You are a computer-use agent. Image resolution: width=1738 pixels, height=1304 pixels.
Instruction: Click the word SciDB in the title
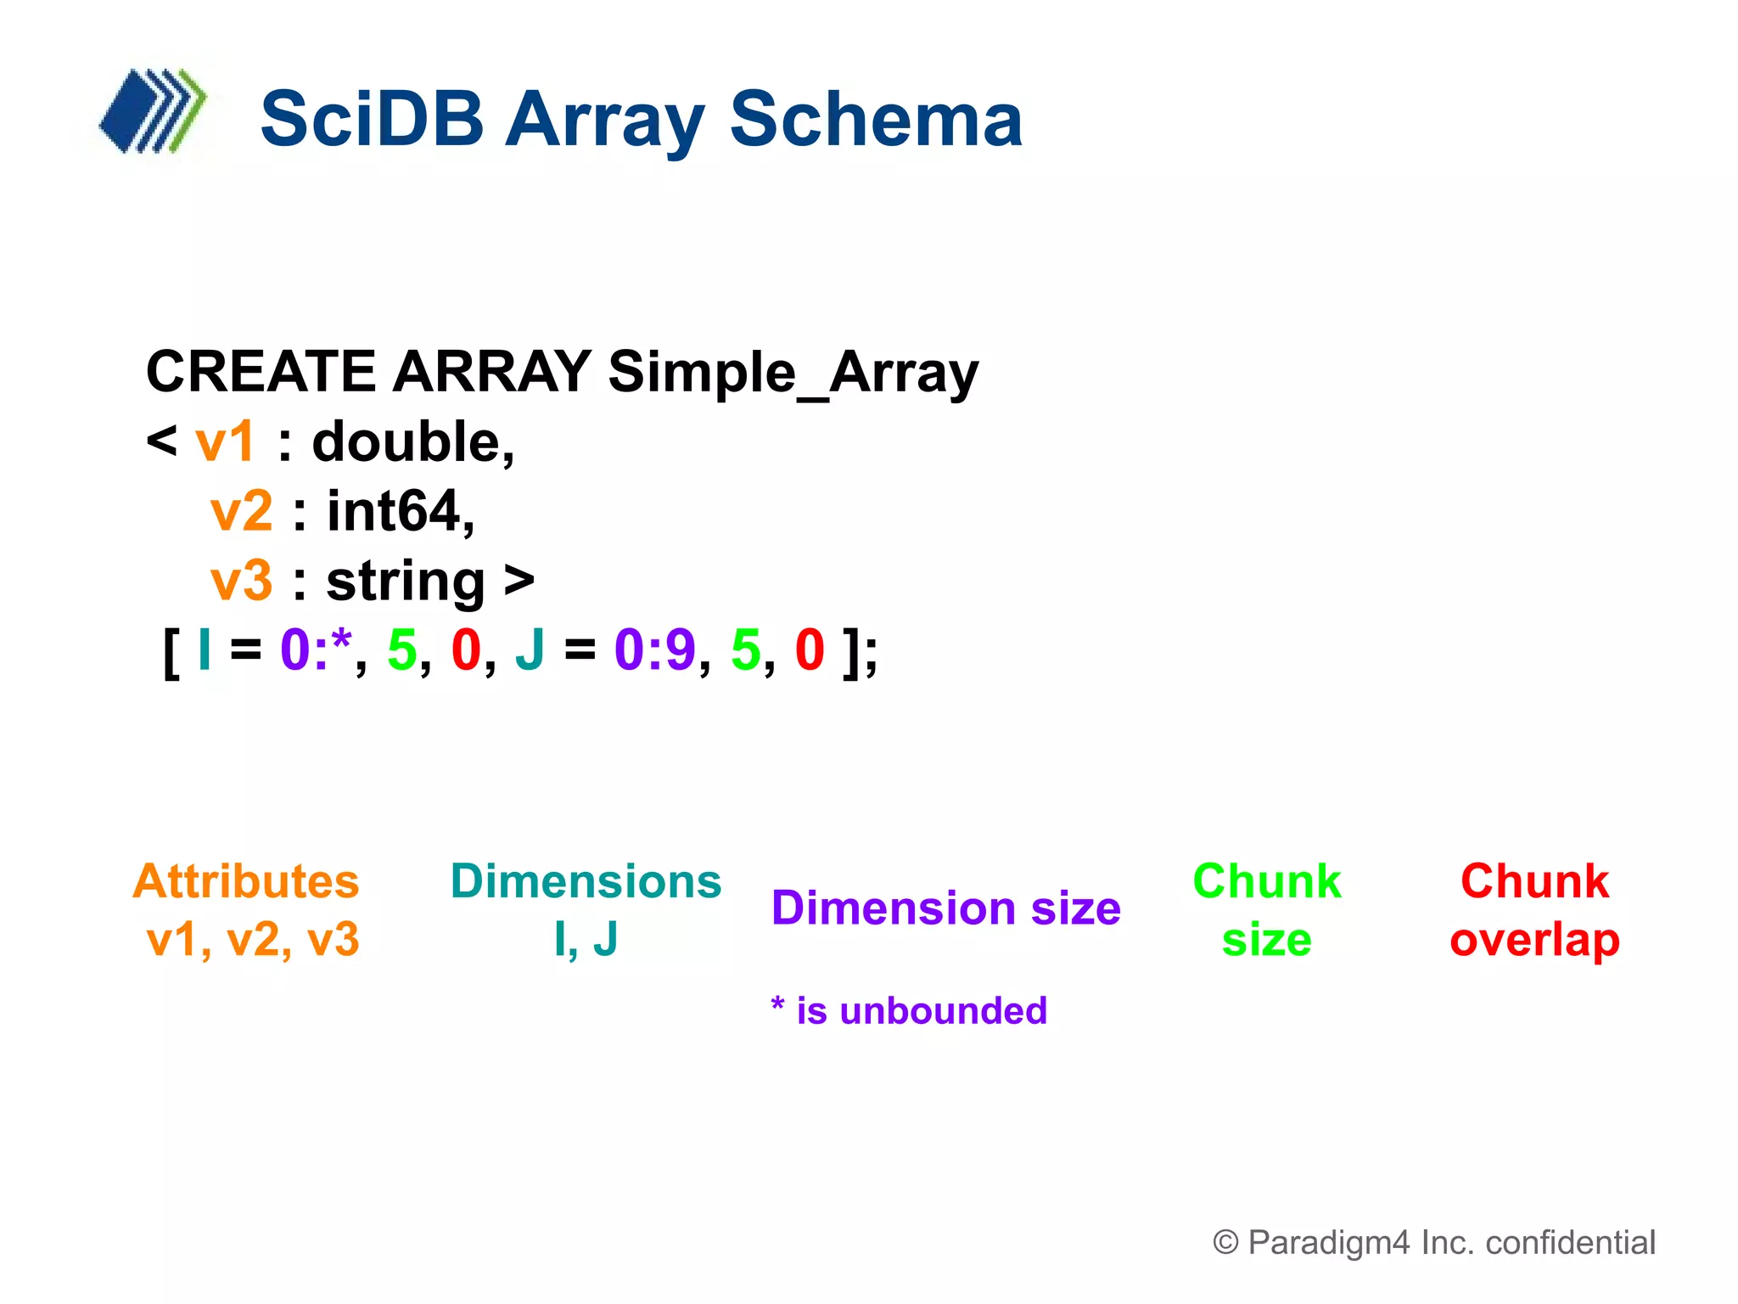tap(372, 120)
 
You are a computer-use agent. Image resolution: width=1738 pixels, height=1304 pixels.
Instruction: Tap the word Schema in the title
tap(876, 120)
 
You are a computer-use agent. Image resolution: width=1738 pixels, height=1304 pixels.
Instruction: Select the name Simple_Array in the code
tap(793, 373)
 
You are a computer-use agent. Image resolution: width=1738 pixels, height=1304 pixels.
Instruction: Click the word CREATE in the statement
tap(261, 373)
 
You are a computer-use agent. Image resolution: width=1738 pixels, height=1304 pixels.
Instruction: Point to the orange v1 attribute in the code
tap(225, 442)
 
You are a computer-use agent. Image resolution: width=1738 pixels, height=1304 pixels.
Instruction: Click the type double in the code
tap(412, 442)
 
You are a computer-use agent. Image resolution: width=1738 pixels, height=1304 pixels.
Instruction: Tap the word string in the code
tap(406, 582)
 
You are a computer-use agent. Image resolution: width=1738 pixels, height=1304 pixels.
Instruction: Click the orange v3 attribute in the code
tap(241, 582)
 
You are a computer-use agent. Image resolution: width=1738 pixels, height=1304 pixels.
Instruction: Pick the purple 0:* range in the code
tap(316, 650)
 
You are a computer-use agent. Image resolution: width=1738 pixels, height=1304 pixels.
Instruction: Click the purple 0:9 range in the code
tap(654, 650)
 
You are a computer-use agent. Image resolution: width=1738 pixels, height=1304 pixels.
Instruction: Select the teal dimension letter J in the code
tap(530, 650)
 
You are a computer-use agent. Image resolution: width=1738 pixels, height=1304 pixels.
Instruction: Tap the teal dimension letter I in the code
tap(204, 650)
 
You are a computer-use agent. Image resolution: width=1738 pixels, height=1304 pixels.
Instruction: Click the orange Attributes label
tap(246, 881)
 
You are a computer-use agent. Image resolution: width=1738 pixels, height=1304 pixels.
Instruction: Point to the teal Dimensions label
tap(586, 881)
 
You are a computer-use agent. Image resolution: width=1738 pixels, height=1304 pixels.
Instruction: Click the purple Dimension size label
tap(945, 908)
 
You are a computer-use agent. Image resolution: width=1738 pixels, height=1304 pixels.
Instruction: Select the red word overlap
tap(1534, 941)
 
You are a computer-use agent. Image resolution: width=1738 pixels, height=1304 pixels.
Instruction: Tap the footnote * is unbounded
tap(909, 1011)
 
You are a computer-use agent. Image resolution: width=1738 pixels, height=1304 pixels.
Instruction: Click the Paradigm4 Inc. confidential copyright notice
tap(1434, 1242)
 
